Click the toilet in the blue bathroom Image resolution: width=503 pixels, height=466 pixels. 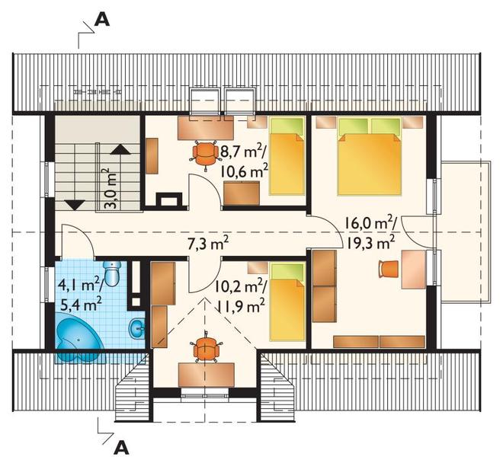[x=112, y=273]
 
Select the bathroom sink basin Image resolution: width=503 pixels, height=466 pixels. [x=137, y=328]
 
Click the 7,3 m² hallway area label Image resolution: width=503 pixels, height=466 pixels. [x=208, y=244]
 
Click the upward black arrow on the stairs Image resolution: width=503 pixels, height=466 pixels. [x=120, y=150]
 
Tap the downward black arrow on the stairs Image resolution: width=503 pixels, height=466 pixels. [x=75, y=205]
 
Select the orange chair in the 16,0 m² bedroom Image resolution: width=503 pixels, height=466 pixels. [x=389, y=269]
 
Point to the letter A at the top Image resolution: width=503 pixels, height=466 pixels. [x=101, y=21]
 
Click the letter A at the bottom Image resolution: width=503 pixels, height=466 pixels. [x=122, y=448]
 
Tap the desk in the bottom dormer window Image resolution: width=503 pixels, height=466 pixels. [x=207, y=375]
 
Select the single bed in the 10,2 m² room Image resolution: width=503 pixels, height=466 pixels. [x=287, y=302]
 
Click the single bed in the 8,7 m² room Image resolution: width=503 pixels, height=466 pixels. [x=287, y=156]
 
